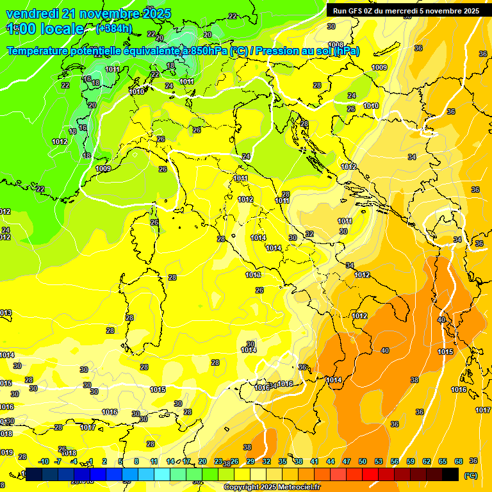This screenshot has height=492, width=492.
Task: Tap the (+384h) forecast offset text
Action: tap(114, 28)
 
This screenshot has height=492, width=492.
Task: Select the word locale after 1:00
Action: tap(62, 29)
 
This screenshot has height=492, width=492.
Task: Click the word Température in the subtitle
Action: tap(40, 51)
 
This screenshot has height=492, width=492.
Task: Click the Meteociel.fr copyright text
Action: tap(272, 488)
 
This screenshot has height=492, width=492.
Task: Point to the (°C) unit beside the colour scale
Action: tap(470, 475)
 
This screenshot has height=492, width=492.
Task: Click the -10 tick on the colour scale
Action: tap(44, 461)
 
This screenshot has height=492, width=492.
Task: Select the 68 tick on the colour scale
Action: tap(459, 461)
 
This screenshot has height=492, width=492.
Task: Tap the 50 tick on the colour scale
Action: tap(363, 461)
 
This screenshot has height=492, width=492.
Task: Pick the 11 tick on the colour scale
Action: tap(154, 461)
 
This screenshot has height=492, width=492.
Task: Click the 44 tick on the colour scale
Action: tap(331, 461)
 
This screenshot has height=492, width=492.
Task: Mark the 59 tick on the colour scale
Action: tap(411, 461)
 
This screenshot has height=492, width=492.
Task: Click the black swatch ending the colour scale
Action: tap(450, 474)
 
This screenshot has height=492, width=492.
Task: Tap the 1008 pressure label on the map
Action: tap(336, 45)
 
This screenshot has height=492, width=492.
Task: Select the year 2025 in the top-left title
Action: tap(143, 13)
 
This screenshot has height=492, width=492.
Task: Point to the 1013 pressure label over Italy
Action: tap(253, 275)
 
